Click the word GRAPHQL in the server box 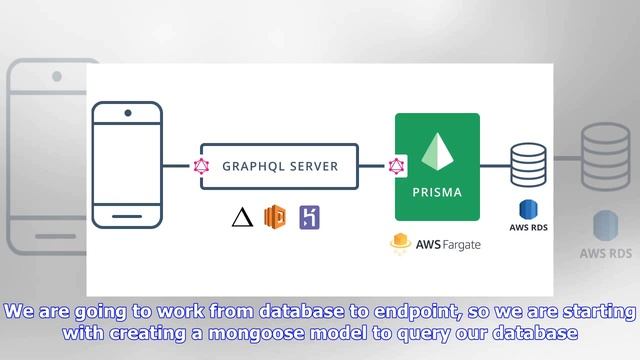point(254,166)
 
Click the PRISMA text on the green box point(437,192)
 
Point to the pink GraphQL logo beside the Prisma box point(395,166)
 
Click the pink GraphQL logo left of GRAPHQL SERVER point(201,166)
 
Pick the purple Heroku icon point(310,217)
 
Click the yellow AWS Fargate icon point(402,242)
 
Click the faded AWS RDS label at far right point(605,253)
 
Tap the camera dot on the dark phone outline point(127,113)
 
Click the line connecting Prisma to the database point(495,166)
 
